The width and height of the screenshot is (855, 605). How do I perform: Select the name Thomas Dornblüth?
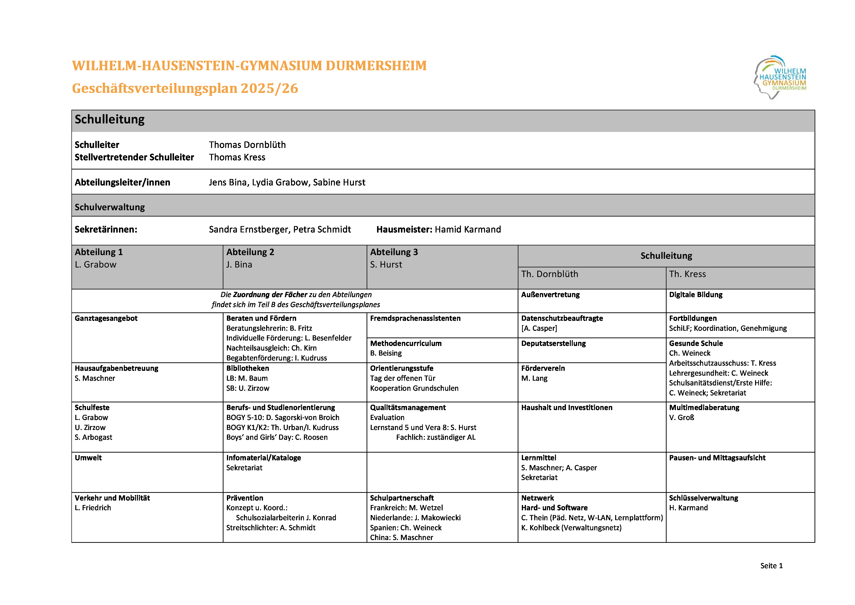click(x=247, y=145)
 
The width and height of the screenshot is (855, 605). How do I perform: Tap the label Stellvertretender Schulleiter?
click(x=134, y=157)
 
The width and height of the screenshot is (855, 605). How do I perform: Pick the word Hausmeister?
click(x=404, y=229)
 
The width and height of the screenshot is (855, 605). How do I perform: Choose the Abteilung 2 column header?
click(x=250, y=252)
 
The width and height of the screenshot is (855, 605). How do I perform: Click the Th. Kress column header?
click(x=687, y=274)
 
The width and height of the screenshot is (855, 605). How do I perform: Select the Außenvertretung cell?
click(x=550, y=295)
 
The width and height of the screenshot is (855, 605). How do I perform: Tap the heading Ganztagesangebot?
click(x=106, y=318)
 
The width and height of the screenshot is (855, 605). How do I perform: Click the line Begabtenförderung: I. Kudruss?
click(x=276, y=358)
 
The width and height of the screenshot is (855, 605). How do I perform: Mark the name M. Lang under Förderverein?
click(x=534, y=378)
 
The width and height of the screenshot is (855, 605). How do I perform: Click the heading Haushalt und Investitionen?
click(x=566, y=407)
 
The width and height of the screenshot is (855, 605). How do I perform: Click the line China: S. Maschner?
click(x=401, y=537)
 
